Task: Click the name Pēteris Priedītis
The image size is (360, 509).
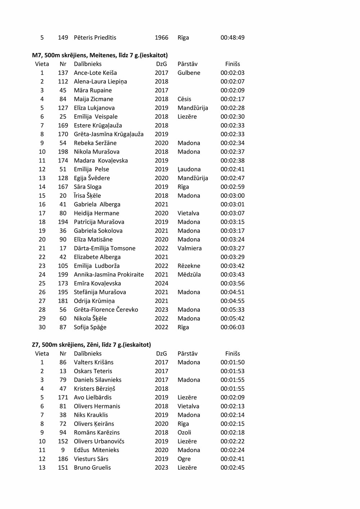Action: click(95, 37)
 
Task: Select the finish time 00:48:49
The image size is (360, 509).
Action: click(232, 37)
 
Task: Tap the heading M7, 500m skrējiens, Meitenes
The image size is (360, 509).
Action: click(100, 55)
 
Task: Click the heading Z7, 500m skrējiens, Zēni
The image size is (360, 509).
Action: click(91, 345)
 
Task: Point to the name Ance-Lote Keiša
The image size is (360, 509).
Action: click(95, 73)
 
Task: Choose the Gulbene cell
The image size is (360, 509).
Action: click(189, 73)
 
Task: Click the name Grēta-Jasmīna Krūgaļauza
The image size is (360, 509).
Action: click(109, 134)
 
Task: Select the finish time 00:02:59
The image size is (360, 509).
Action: click(232, 187)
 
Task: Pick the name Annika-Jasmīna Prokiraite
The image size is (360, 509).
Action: click(109, 274)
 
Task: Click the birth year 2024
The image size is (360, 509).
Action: click(161, 283)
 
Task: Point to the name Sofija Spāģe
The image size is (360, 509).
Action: click(90, 327)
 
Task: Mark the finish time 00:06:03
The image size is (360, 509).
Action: click(232, 327)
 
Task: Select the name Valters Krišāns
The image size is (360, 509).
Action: click(94, 362)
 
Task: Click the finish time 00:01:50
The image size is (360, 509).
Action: click(232, 362)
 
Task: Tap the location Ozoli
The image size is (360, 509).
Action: click(184, 432)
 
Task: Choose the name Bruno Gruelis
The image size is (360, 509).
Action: click(92, 468)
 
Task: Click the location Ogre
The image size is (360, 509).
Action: click(184, 459)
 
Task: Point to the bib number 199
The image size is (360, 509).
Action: click(63, 274)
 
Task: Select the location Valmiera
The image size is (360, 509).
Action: click(189, 248)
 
